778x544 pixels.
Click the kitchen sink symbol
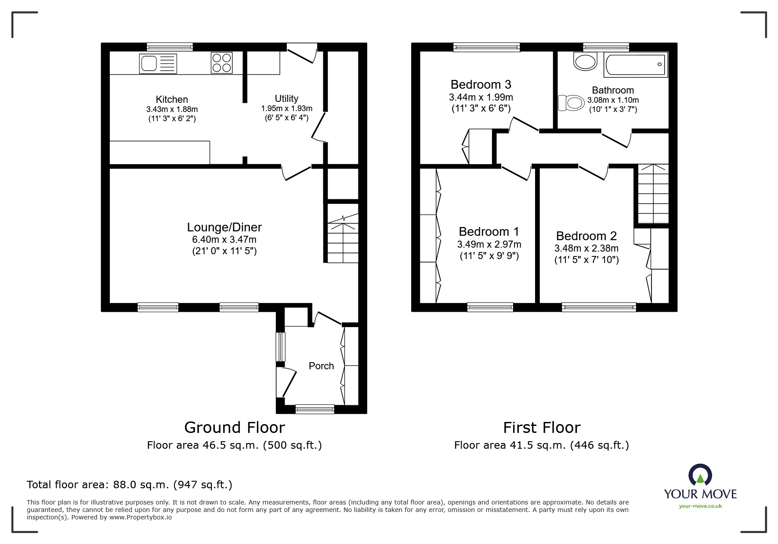pos(158,64)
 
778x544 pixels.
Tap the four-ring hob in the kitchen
pos(221,63)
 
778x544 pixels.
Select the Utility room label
pos(286,98)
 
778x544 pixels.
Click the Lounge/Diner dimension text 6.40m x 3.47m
pos(224,240)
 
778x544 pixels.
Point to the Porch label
pos(321,366)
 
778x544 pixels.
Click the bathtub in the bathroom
pos(636,65)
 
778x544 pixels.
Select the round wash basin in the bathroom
pos(586,62)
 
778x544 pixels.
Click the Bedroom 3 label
pos(481,84)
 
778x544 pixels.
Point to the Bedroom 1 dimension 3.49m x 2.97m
pos(489,244)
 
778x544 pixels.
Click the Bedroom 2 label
pos(586,236)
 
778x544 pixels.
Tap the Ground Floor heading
pos(234,427)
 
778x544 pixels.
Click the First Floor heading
pos(541,427)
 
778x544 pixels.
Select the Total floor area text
pos(130,485)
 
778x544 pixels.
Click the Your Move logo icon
pos(700,476)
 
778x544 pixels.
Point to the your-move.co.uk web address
pos(700,506)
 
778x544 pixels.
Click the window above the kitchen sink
pos(170,47)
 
